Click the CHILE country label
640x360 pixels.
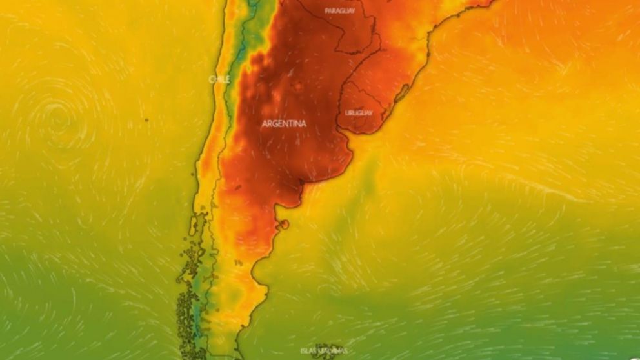click(219, 79)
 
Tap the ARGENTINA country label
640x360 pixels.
click(284, 123)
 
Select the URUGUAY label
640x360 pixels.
click(359, 113)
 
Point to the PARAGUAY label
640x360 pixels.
click(340, 11)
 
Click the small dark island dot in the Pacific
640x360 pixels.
click(146, 119)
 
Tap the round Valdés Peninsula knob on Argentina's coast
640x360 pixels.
click(284, 225)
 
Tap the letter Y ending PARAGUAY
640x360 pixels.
click(354, 11)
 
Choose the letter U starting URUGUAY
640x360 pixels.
click(347, 113)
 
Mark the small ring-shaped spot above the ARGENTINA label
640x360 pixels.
click(298, 86)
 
